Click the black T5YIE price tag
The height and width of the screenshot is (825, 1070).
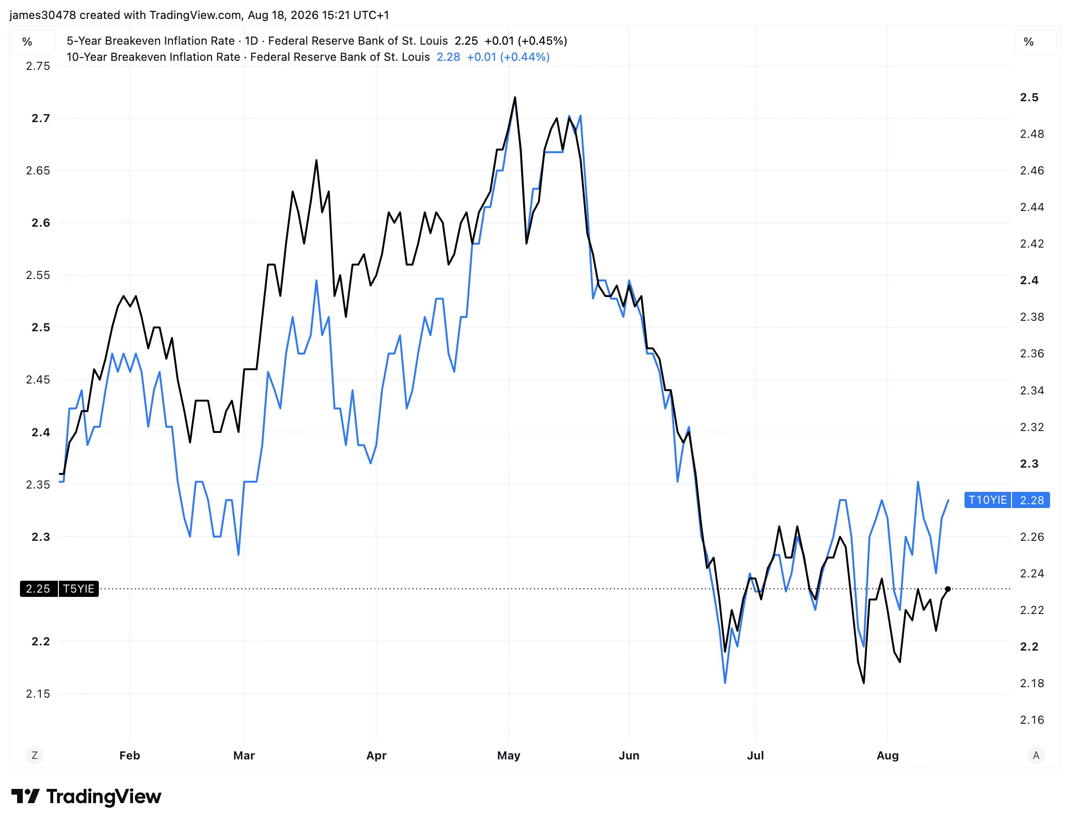tap(59, 588)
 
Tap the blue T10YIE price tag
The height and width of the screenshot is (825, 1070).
tap(1007, 499)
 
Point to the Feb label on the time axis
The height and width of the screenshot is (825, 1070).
tap(130, 756)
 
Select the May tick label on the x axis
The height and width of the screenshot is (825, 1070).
tap(508, 756)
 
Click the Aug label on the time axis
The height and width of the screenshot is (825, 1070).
tap(887, 756)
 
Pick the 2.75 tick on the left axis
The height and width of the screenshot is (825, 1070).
tap(38, 66)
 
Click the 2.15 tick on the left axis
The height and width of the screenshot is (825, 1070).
tap(38, 694)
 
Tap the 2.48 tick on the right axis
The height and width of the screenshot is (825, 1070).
tap(1032, 134)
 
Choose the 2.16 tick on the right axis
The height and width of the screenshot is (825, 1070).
tap(1032, 719)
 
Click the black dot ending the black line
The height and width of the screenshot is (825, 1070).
tap(947, 589)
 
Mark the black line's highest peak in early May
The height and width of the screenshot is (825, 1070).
tap(515, 97)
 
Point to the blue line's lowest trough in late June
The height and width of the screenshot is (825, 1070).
tap(725, 682)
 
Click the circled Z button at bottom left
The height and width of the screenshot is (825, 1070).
tap(34, 756)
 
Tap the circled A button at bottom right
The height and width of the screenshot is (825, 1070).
tap(1036, 756)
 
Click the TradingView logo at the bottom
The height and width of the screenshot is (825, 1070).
tap(86, 796)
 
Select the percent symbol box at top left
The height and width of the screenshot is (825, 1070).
tap(28, 42)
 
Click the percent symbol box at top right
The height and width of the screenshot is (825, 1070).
tap(1029, 42)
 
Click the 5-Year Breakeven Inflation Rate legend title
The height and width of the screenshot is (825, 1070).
tap(151, 41)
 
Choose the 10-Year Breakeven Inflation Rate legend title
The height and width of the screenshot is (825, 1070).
tap(153, 57)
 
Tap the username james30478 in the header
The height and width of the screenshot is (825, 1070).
tap(43, 15)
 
